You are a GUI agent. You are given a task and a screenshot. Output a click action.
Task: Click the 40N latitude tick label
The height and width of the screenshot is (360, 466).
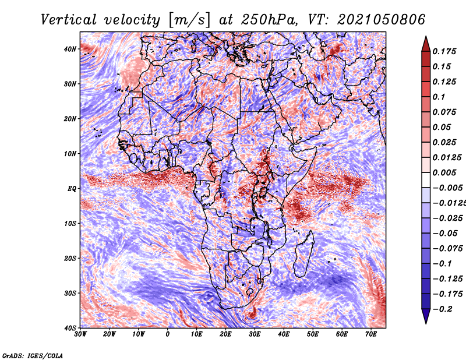pyautogui.click(x=70, y=49)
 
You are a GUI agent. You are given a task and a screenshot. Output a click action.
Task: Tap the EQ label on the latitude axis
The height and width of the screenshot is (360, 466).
pyautogui.click(x=72, y=189)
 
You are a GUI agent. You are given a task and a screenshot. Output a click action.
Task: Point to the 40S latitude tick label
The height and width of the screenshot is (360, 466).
pyautogui.click(x=70, y=328)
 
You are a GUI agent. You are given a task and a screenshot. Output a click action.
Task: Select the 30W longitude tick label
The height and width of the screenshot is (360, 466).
pyautogui.click(x=80, y=334)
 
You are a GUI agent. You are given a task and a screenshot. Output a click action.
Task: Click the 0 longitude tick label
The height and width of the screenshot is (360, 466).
pyautogui.click(x=168, y=334)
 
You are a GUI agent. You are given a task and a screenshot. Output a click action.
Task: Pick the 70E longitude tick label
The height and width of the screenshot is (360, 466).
pyautogui.click(x=371, y=334)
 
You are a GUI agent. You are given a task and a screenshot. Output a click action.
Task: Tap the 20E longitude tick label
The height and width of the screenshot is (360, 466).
pyautogui.click(x=225, y=334)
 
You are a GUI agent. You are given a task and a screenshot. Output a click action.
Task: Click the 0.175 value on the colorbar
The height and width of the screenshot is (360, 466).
pyautogui.click(x=444, y=51)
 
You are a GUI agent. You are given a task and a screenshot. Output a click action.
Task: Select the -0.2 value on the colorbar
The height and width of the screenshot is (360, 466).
pyautogui.click(x=442, y=309)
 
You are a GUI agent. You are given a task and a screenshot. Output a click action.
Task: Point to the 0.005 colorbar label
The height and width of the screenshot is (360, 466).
pyautogui.click(x=444, y=172)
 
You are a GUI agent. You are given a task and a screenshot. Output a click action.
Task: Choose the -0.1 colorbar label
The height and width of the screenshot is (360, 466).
pyautogui.click(x=442, y=264)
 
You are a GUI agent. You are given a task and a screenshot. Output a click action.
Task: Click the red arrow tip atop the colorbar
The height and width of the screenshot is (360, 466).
pyautogui.click(x=426, y=37)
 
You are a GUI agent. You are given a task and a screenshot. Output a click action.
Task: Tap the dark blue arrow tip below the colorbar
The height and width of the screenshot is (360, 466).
pyautogui.click(x=426, y=323)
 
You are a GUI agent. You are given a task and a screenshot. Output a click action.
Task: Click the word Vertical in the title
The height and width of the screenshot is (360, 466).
pyautogui.click(x=68, y=20)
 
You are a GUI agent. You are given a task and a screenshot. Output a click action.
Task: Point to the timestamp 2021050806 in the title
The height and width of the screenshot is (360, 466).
pyautogui.click(x=381, y=20)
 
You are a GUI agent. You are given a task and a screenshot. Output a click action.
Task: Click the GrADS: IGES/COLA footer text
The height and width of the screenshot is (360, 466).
pyautogui.click(x=33, y=356)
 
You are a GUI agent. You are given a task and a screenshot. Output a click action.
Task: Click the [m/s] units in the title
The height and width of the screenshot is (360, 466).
pyautogui.click(x=189, y=20)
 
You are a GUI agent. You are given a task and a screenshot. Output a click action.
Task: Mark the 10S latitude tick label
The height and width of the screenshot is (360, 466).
pyautogui.click(x=70, y=224)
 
